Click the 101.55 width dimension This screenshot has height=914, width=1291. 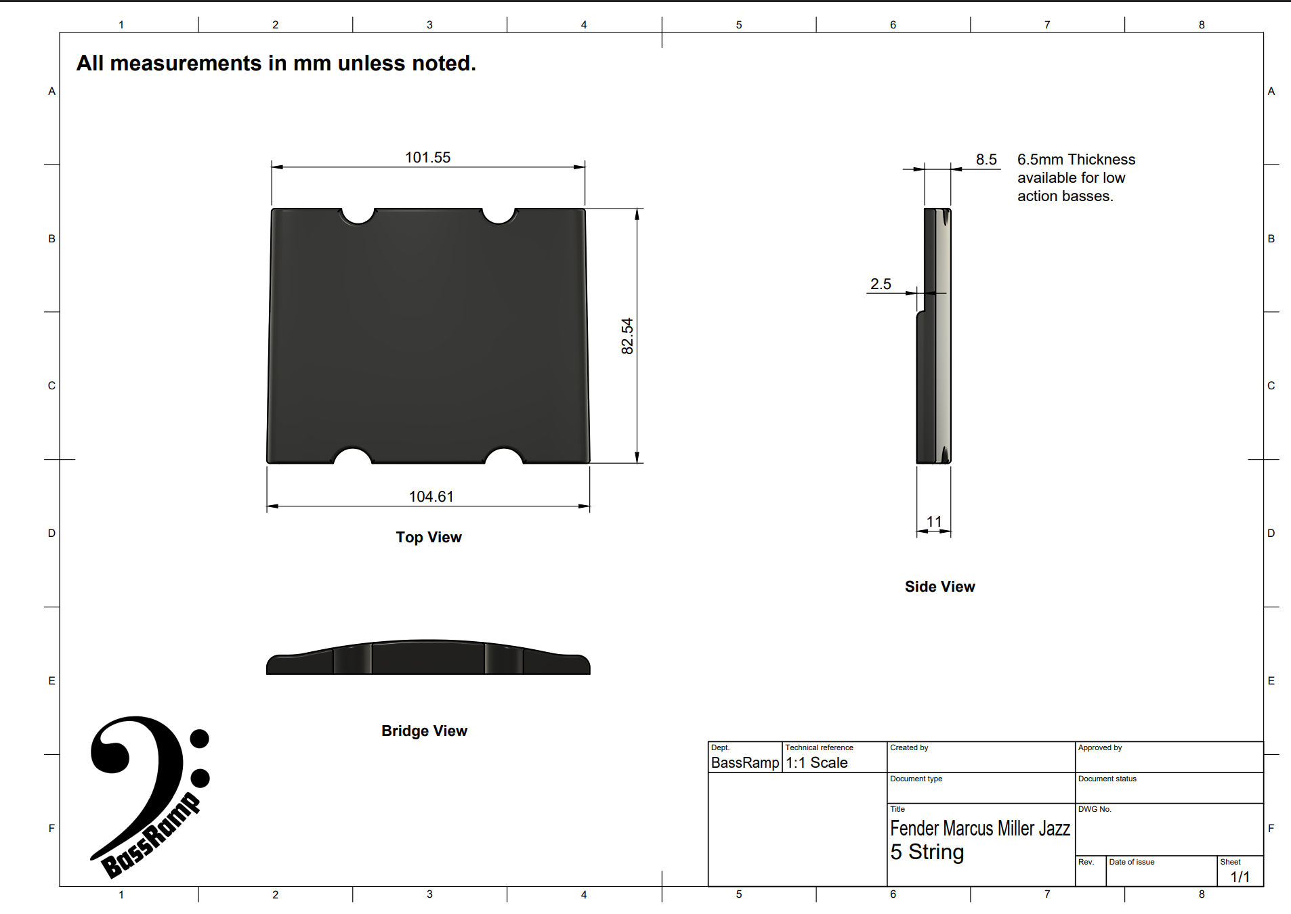click(427, 157)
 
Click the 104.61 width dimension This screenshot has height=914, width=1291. click(431, 496)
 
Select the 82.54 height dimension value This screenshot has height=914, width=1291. click(627, 336)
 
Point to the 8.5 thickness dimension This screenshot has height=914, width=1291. click(986, 159)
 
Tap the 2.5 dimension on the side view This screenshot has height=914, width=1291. click(881, 284)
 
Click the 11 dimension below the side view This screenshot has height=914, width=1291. click(934, 521)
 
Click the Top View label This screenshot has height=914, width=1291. click(429, 537)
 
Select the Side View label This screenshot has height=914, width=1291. click(939, 586)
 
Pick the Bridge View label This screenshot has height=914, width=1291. click(424, 731)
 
